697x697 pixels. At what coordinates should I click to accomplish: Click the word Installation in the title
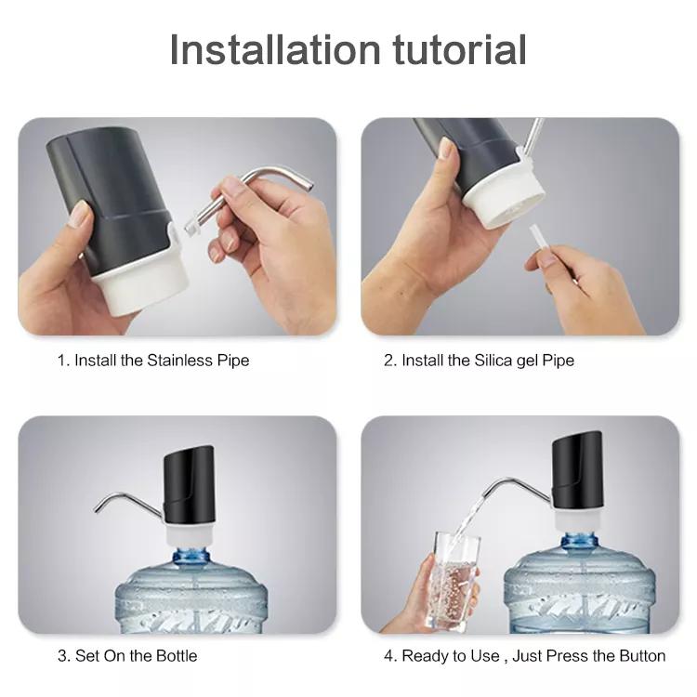(x=275, y=49)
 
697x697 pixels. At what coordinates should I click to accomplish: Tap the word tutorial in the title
(x=460, y=49)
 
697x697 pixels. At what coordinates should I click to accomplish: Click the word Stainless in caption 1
(x=179, y=360)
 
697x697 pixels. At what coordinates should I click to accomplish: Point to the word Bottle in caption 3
(x=176, y=656)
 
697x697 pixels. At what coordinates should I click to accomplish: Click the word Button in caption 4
(x=642, y=656)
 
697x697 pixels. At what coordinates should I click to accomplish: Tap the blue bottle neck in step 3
(x=191, y=556)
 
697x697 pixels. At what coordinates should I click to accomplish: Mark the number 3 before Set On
(x=61, y=656)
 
